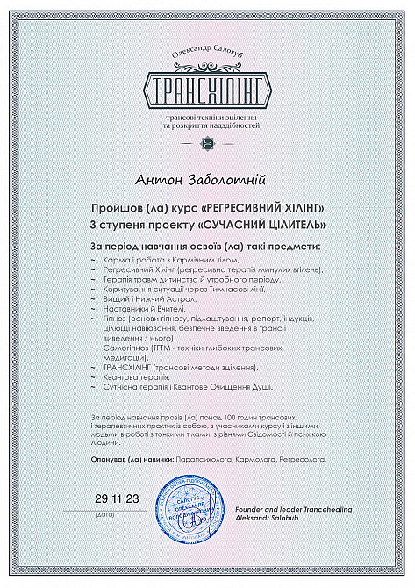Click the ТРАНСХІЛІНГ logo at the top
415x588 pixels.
click(208, 90)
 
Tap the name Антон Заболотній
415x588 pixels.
click(207, 180)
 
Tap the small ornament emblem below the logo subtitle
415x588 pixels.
click(208, 142)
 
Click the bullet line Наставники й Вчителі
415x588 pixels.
click(145, 309)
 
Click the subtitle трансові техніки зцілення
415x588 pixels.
click(208, 118)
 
